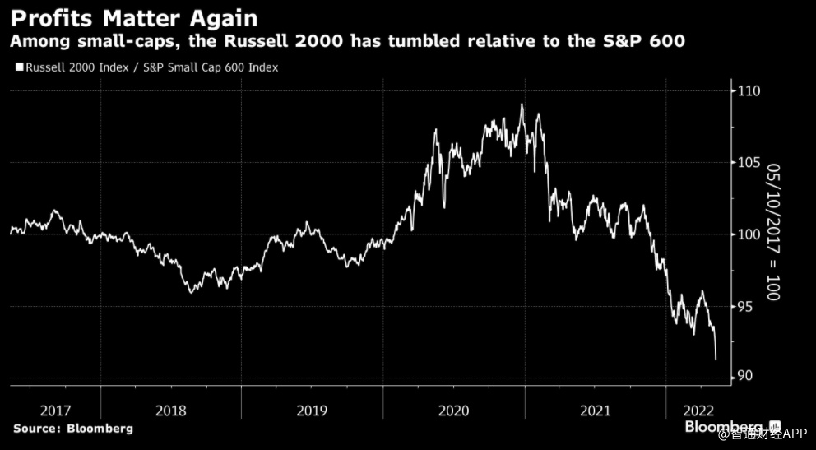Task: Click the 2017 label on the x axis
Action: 54,409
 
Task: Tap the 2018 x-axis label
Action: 171,409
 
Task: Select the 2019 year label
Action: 312,409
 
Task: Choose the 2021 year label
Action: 594,409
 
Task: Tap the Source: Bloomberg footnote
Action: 72,429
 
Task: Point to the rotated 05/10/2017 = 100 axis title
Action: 772,231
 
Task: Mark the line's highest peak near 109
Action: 522,104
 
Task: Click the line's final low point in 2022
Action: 716,360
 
